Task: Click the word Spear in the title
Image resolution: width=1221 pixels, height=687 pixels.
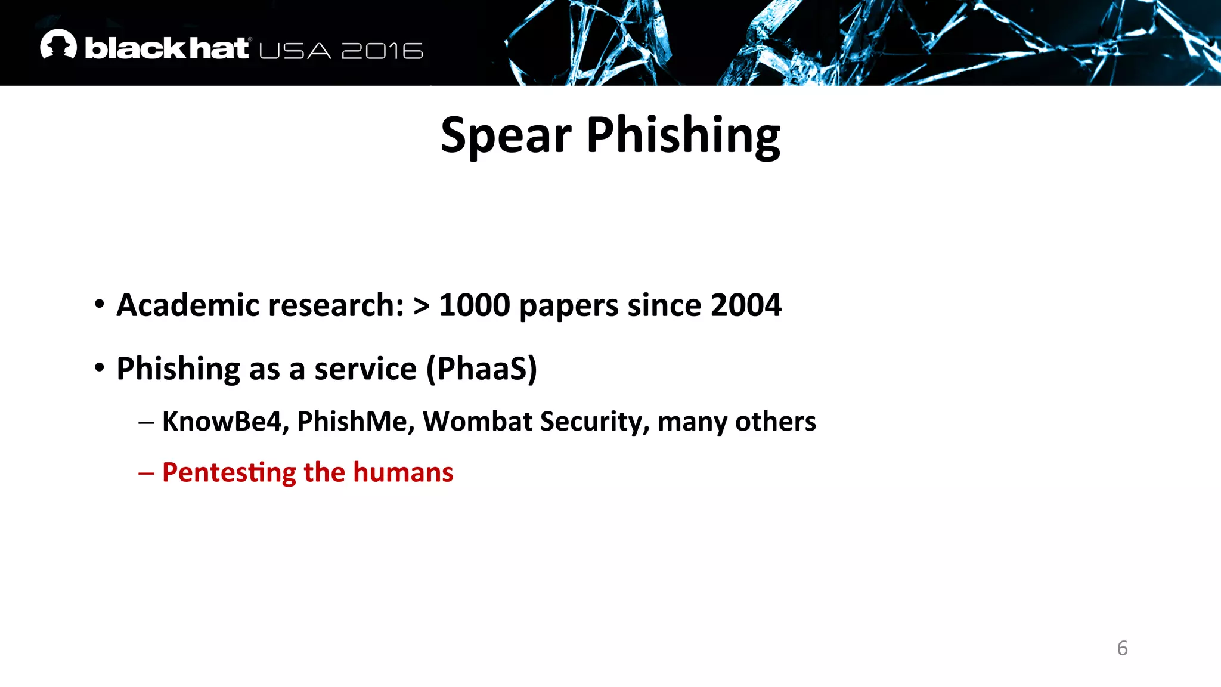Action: [x=506, y=136]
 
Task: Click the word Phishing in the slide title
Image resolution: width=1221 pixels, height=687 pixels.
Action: [x=683, y=136]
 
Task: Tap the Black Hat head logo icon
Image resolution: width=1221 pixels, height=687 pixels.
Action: [x=58, y=45]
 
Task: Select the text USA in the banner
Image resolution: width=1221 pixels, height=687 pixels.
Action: [x=295, y=51]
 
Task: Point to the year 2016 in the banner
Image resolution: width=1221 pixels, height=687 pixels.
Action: [x=382, y=51]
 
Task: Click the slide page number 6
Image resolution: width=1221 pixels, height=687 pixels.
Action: [x=1122, y=648]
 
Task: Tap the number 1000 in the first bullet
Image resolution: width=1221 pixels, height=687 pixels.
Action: [x=475, y=305]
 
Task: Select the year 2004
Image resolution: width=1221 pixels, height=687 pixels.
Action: [x=746, y=305]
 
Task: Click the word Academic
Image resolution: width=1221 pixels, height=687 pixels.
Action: [x=188, y=305]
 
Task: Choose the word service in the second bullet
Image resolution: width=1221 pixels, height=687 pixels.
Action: [x=365, y=369]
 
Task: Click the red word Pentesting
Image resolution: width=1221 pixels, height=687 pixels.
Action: [x=229, y=473]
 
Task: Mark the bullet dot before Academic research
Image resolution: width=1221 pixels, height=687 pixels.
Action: [x=100, y=304]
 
